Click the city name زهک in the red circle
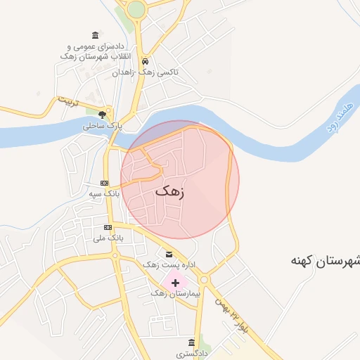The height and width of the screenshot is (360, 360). point(169,191)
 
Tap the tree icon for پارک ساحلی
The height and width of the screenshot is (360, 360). point(103,114)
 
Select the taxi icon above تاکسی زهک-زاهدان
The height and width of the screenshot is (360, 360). point(146,61)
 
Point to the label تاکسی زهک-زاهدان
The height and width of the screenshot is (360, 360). point(146,72)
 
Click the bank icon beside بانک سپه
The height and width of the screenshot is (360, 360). point(105,183)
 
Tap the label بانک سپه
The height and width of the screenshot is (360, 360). point(105,193)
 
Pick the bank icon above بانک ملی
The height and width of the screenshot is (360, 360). point(108,227)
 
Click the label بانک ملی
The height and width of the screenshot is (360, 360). point(108,238)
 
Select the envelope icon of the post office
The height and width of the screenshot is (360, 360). point(168,254)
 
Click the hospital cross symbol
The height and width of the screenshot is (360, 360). point(175,282)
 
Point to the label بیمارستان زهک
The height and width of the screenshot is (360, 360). point(176,293)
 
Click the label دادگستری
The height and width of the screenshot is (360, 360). point(191,354)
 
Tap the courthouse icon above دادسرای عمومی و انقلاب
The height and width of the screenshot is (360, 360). point(96,36)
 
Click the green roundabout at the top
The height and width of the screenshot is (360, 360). point(136,9)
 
